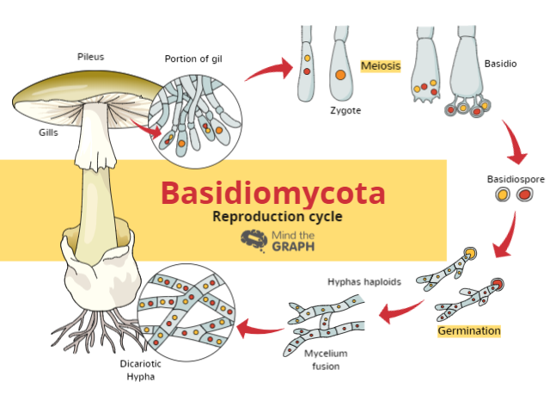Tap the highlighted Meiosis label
coord(381,65)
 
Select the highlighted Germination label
coord(469,330)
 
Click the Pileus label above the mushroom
coord(89,57)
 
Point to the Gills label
coord(48,133)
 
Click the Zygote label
coord(345,111)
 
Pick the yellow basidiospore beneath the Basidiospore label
coord(504,197)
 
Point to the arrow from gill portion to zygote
coord(268,69)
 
